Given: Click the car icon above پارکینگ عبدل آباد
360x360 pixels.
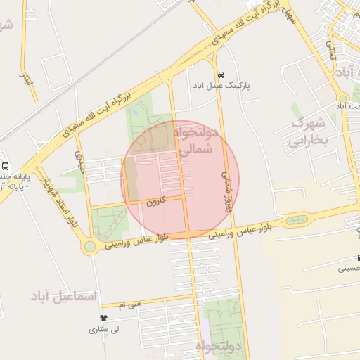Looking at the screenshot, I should (221, 74).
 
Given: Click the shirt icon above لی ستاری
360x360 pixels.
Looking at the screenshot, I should (104, 319).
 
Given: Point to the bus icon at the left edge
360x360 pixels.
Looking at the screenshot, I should (5, 167).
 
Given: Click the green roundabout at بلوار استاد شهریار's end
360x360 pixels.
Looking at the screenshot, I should (89, 247).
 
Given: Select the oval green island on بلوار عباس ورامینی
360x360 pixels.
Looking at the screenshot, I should (296, 220).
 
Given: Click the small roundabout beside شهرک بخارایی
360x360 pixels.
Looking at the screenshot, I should (342, 98).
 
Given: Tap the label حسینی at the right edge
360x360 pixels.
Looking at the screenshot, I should (350, 268).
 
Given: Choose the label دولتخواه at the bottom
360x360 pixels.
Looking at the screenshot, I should (219, 347).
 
